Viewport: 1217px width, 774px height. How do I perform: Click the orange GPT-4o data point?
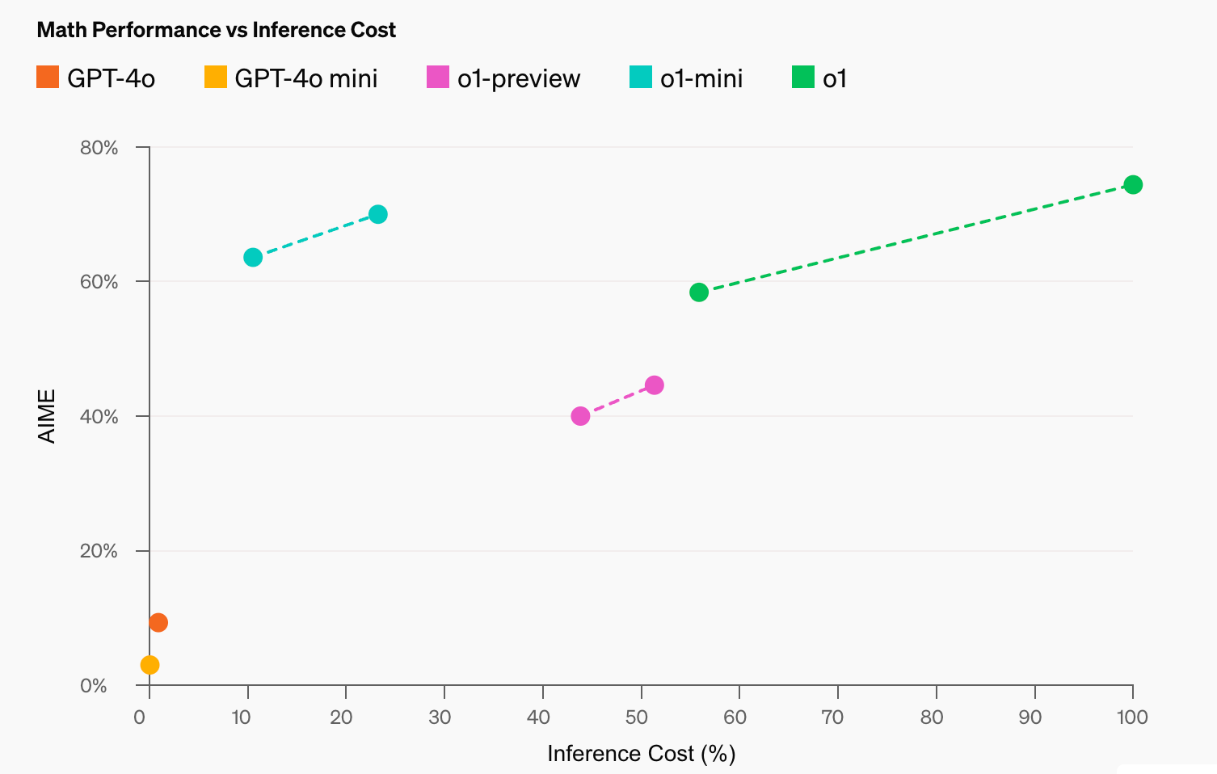coord(158,622)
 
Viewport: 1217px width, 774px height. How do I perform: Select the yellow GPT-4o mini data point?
coord(149,665)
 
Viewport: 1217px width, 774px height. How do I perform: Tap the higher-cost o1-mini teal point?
coord(377,214)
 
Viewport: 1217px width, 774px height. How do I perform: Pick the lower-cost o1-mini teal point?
coord(253,258)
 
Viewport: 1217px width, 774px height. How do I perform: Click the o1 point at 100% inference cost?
coord(1133,185)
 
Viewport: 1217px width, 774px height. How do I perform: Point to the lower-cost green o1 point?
coord(699,292)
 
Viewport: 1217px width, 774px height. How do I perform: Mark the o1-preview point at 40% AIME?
coord(580,416)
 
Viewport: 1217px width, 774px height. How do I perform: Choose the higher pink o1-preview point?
coord(655,385)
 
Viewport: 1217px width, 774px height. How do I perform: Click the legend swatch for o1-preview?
coord(437,78)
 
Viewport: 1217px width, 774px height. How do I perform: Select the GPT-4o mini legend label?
coord(305,78)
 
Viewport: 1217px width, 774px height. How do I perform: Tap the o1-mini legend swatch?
coord(640,78)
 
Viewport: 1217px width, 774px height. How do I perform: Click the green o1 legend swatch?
coord(802,78)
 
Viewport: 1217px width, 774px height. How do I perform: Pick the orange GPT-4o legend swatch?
coord(48,78)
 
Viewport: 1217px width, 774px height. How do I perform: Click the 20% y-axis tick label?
coord(99,551)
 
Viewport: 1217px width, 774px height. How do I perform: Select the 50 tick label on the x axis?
coord(637,717)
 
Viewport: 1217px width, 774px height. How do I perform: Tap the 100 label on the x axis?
coord(1131,717)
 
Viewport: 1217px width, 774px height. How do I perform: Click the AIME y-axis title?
coord(48,416)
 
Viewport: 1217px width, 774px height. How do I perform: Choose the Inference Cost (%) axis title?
coord(641,754)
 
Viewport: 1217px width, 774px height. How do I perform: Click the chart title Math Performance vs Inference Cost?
coord(216,30)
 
